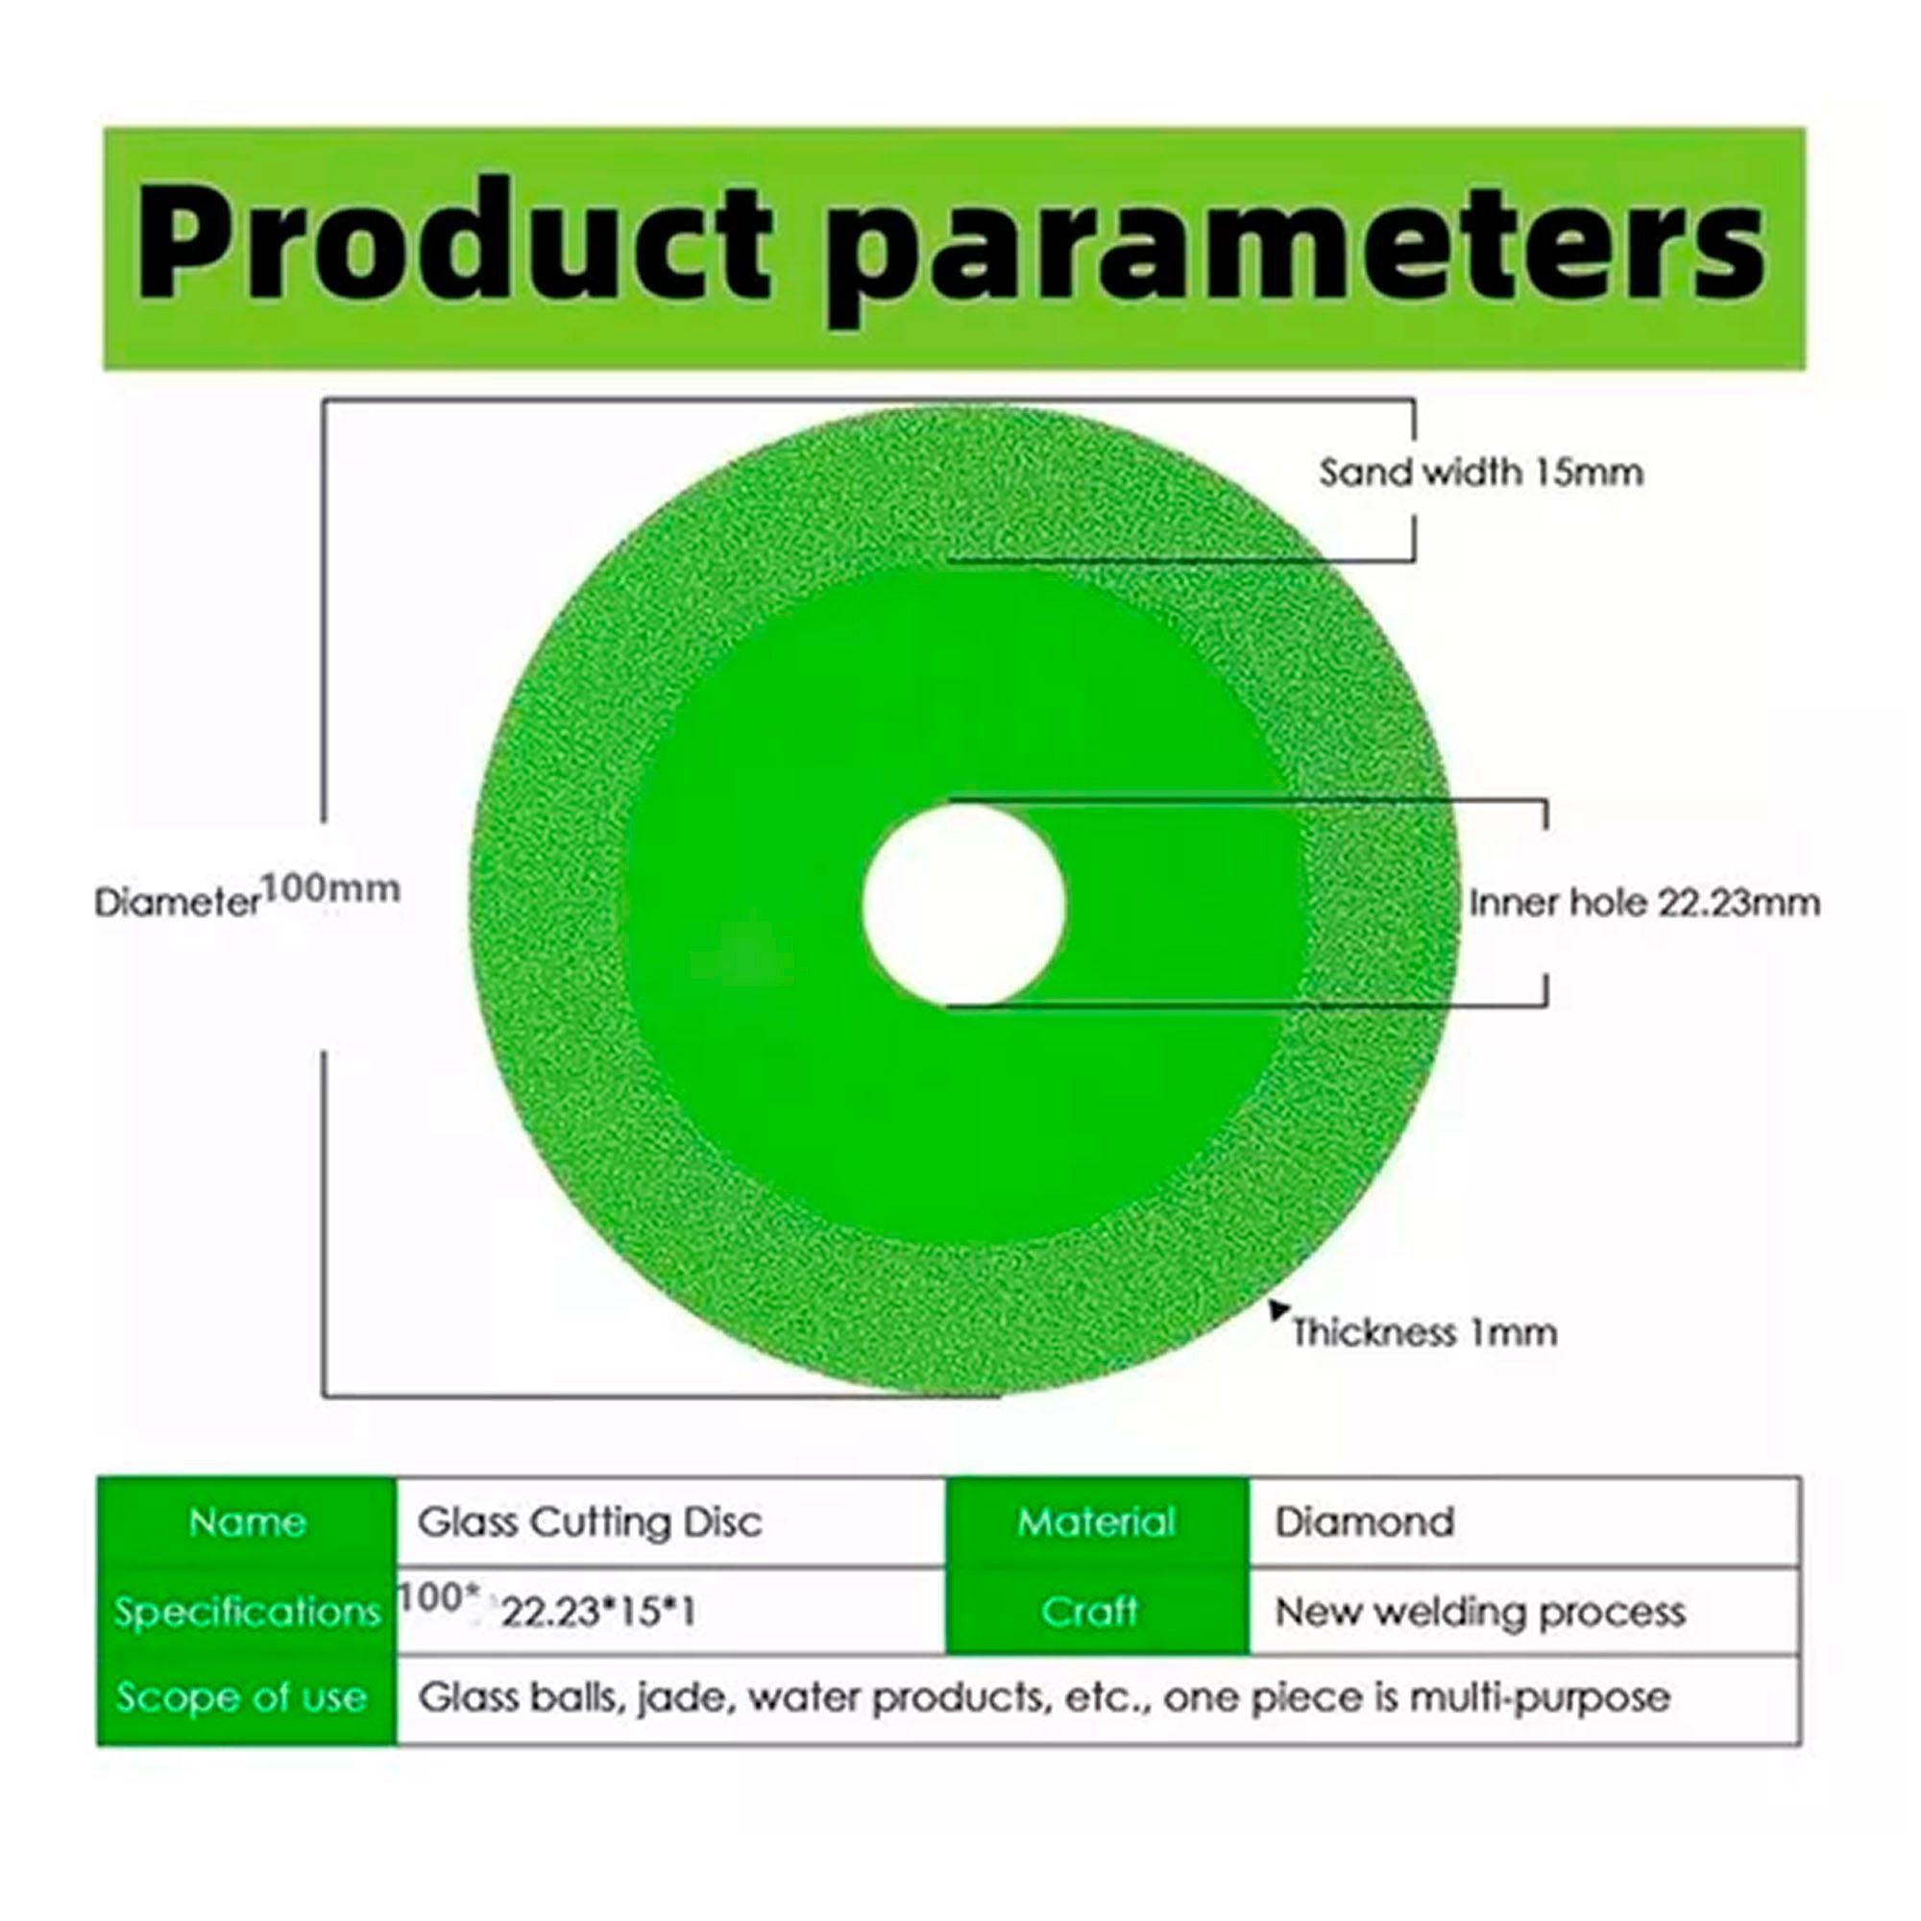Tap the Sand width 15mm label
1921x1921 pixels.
coord(1480,472)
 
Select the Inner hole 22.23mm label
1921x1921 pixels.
coord(1644,903)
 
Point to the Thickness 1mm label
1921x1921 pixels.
coord(1424,1332)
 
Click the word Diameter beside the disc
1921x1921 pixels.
coord(177,902)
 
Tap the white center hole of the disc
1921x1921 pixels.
coord(963,904)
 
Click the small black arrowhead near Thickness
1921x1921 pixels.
coord(1278,1309)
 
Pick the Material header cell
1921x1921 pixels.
coord(1098,1522)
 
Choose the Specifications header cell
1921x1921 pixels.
coord(247,1612)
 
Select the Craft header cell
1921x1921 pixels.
coord(1098,1612)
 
